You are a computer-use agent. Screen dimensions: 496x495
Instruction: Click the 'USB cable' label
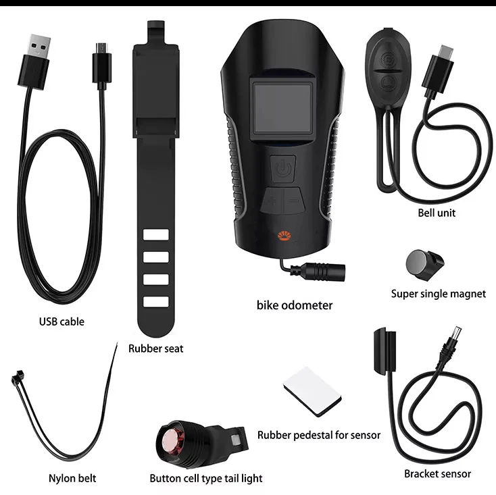tap(61, 321)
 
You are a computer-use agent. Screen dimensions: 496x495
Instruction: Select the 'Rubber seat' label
tap(155, 348)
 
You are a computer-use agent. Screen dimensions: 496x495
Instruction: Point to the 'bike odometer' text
tap(295, 305)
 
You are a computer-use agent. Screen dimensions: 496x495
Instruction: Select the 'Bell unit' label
tap(437, 213)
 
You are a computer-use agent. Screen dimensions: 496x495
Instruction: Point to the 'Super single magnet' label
tap(438, 294)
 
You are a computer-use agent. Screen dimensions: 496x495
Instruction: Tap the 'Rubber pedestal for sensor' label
tap(319, 435)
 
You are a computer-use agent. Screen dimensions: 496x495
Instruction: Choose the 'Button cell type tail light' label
tap(206, 478)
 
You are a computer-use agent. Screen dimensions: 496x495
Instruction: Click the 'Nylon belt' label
tap(72, 478)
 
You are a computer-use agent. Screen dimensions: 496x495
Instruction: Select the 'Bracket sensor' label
tap(437, 473)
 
